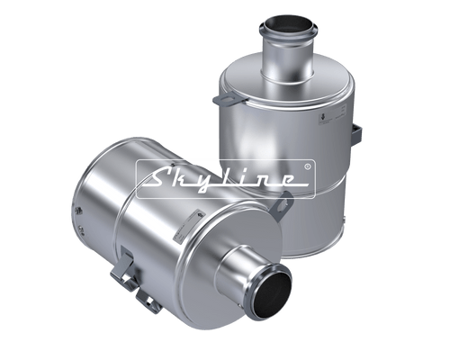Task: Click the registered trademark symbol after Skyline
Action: [x=307, y=166]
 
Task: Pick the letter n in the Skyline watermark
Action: [x=266, y=180]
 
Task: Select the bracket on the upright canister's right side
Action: [x=356, y=134]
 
